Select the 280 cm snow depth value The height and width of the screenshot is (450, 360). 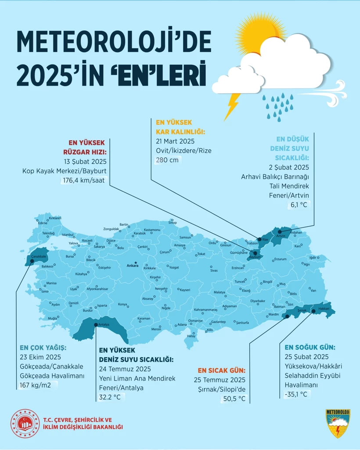167,160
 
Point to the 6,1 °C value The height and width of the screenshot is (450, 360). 299,205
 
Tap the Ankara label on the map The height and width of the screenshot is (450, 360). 132,266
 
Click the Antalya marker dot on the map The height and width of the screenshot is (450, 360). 96,324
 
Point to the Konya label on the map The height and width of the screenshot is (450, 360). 122,304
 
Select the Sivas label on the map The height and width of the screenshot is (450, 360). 214,270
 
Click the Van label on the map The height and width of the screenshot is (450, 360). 313,290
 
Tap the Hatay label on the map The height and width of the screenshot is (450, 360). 191,336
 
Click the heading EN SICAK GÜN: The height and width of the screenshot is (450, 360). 221,370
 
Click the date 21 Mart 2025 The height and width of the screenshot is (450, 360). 175,141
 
